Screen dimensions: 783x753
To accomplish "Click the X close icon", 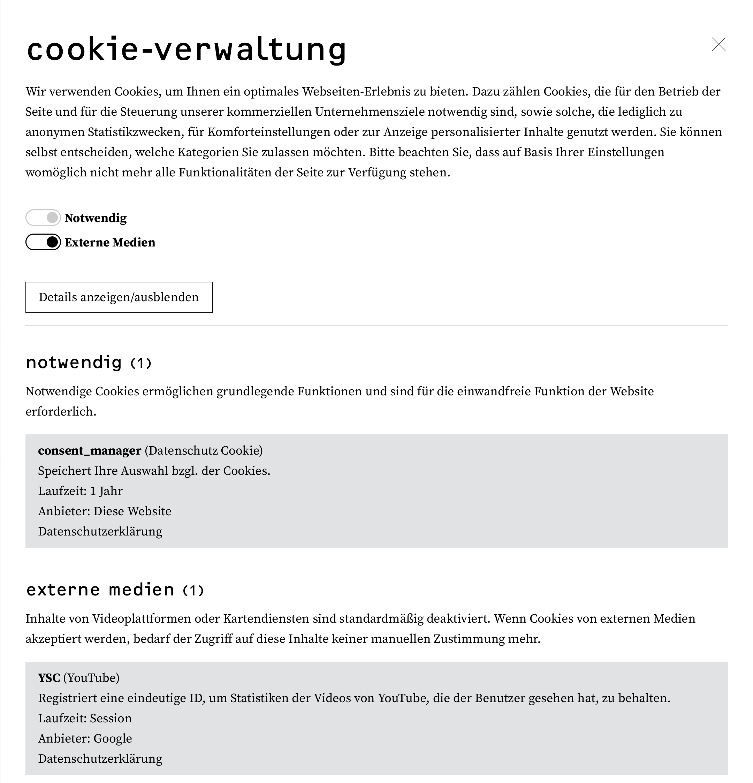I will [718, 44].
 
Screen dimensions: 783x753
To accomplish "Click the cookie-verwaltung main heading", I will [186, 50].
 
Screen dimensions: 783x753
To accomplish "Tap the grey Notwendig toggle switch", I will [43, 218].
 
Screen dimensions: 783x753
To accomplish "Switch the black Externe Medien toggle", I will [43, 242].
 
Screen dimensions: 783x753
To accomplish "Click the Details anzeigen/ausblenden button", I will [119, 297].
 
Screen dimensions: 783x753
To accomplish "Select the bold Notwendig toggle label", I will [96, 218].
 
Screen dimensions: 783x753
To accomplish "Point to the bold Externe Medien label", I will [110, 243].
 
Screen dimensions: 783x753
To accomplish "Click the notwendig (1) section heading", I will [89, 363].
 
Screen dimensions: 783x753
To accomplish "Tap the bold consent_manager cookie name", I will [90, 451].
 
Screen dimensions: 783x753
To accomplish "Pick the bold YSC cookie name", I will [49, 678].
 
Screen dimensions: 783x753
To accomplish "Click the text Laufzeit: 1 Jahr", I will [80, 491].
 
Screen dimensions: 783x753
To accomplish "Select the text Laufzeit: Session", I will [85, 718].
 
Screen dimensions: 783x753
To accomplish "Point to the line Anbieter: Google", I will [85, 739].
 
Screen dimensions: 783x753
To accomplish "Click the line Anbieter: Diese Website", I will [105, 511].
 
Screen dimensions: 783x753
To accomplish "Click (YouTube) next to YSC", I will [91, 678].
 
